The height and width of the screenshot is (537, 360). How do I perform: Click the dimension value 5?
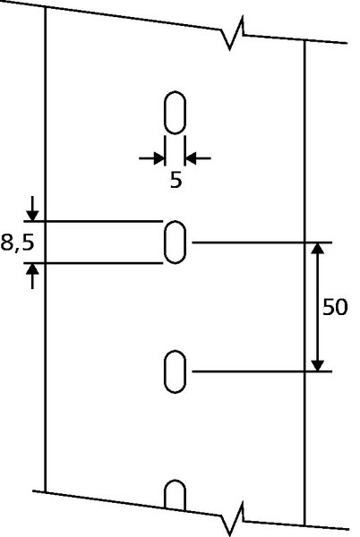point(176,180)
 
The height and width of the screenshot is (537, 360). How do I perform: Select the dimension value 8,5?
point(18,243)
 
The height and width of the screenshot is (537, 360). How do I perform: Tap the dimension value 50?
point(335,307)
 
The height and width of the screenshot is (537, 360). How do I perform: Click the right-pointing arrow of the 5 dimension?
point(152,158)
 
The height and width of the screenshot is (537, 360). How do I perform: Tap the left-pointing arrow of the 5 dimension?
point(198,158)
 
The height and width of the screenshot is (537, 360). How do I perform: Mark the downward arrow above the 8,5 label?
point(32,209)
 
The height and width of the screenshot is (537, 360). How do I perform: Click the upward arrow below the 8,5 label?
point(32,277)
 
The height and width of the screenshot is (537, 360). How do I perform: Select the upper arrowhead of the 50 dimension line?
point(318,248)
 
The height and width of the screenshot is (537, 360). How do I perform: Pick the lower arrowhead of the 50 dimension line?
point(318,366)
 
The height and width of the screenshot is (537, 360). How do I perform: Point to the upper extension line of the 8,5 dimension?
point(93,222)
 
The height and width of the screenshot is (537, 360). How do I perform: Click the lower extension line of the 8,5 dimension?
point(93,263)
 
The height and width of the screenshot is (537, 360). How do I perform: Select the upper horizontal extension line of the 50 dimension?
point(262,243)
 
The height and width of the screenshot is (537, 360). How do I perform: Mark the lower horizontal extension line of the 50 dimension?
point(262,371)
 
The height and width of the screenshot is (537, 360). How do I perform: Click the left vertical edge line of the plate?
point(45,249)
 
